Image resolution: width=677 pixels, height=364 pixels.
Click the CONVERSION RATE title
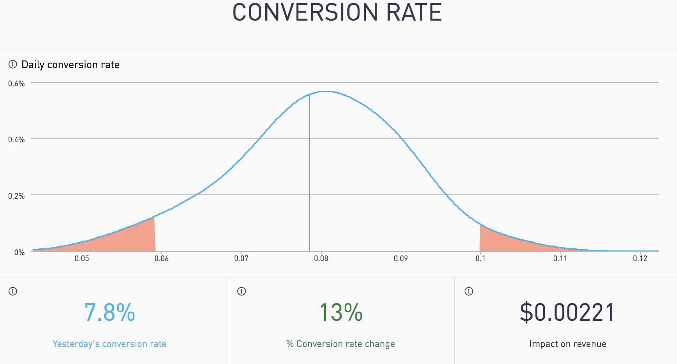coord(337,13)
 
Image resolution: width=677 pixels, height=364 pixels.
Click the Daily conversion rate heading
coord(70,65)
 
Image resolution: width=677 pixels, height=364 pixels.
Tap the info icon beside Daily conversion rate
coord(13,64)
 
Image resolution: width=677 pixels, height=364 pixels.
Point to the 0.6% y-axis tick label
coord(16,84)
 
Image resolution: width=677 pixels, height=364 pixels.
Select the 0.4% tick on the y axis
coord(16,140)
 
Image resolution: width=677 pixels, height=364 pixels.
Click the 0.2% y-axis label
coord(16,196)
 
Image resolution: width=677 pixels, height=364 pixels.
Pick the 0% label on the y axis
coord(19,253)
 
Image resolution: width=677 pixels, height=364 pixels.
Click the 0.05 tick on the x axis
coord(82,259)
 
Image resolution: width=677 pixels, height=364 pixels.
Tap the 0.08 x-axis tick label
coord(321,259)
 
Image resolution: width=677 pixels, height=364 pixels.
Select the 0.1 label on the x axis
coord(480,259)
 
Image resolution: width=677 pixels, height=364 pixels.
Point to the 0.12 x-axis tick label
coord(640,259)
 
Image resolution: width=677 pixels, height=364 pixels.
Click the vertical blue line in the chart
coord(309,177)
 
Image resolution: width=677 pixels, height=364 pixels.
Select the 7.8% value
coord(109,313)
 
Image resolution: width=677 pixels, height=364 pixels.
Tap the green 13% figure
coord(341,313)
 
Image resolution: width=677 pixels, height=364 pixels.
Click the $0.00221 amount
coord(567,313)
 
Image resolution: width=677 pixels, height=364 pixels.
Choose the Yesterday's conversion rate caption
coord(109,344)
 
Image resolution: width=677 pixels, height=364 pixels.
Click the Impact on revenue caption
coord(568,344)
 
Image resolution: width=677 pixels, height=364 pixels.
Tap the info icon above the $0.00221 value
coord(469,291)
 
